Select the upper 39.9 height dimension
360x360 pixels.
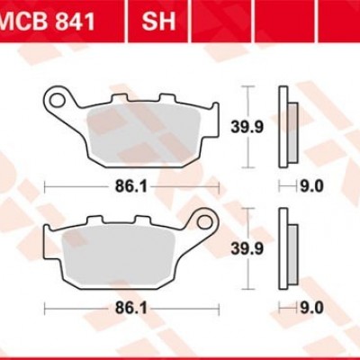click(x=268, y=126)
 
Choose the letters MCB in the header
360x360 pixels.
click(x=25, y=21)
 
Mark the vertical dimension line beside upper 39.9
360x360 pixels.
click(x=247, y=128)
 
